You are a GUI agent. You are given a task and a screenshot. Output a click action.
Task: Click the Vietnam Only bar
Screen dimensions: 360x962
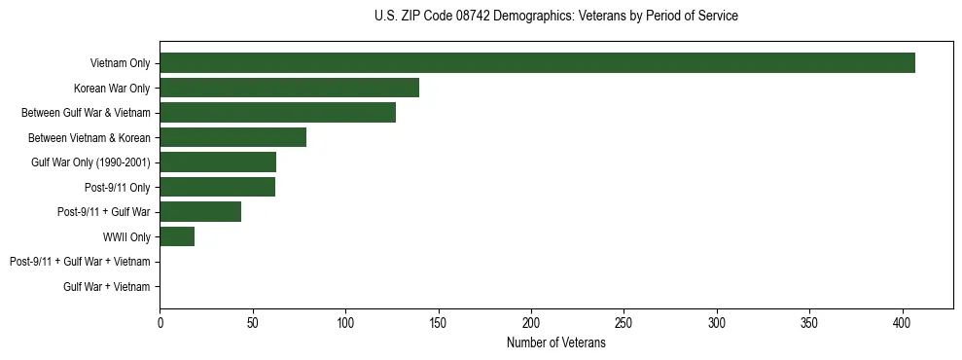[x=537, y=63]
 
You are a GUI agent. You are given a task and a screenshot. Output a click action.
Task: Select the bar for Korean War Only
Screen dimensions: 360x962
[x=289, y=88]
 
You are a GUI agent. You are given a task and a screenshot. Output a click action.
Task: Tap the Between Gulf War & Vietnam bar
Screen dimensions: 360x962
[x=277, y=113]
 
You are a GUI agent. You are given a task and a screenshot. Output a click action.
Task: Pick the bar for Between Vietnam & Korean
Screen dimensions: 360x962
[x=232, y=137]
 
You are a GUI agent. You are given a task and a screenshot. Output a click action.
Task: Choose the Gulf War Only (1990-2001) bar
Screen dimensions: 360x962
[x=218, y=162]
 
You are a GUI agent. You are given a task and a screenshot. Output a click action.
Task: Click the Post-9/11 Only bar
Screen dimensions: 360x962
[x=217, y=187]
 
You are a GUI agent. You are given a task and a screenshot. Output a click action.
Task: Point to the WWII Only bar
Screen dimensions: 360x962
[x=177, y=236]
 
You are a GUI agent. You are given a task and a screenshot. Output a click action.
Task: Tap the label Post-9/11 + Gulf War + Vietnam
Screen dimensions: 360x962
[x=80, y=262]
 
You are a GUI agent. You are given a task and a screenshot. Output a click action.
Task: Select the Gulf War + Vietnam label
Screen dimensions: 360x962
[x=106, y=287]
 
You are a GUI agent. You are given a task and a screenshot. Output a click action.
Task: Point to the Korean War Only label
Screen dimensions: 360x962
[x=112, y=89]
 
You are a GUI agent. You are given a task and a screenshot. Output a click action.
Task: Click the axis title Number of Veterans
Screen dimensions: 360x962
[x=555, y=342]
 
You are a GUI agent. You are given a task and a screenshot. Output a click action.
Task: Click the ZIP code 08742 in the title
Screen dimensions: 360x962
[x=475, y=17]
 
